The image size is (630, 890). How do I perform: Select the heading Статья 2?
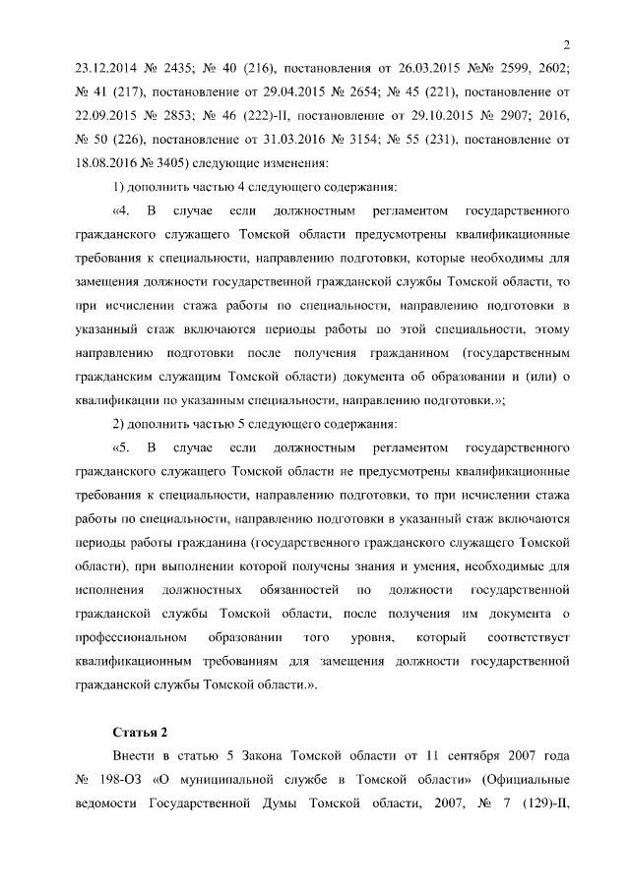141,732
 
